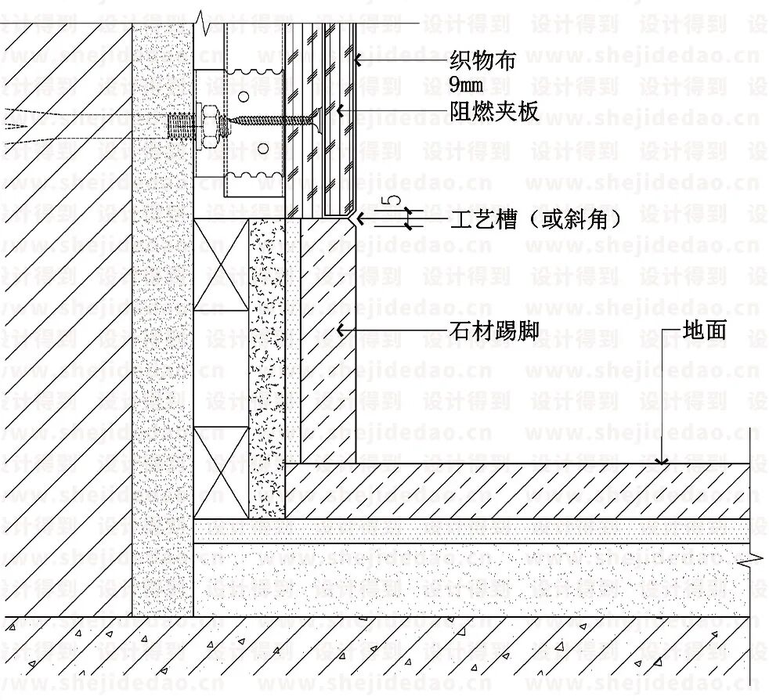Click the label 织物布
point(482,60)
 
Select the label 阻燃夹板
point(493,111)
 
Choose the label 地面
point(705,330)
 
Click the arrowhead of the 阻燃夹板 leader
point(341,111)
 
